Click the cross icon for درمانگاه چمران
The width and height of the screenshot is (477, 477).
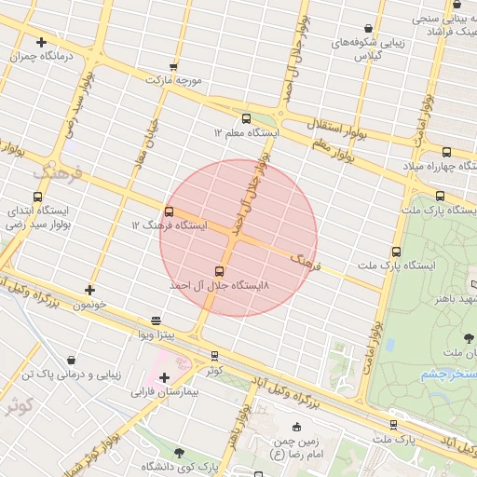[41, 42]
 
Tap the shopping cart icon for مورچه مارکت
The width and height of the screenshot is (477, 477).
[173, 66]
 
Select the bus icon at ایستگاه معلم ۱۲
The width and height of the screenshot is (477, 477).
[246, 118]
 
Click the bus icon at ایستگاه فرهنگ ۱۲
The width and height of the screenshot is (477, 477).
[169, 211]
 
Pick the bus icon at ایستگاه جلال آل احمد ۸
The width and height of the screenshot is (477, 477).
[220, 271]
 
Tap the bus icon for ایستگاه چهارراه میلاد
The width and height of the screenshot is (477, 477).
[446, 152]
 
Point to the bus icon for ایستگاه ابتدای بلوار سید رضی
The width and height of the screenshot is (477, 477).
[37, 197]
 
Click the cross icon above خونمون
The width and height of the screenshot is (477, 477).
[89, 291]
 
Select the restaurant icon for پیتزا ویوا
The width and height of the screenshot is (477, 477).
[156, 320]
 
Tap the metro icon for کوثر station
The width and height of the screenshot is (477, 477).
[215, 355]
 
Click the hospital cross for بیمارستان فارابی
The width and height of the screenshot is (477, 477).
[165, 377]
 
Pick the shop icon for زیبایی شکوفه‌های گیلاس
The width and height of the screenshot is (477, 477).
[370, 28]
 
